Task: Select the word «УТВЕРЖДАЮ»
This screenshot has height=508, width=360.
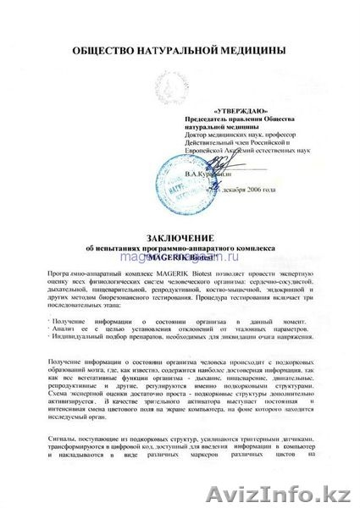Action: [x=219, y=110]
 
